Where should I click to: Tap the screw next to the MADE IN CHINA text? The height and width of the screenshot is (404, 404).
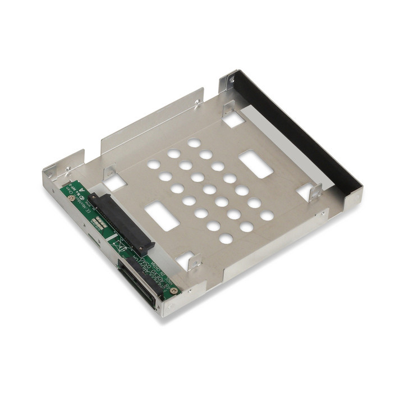(174, 291)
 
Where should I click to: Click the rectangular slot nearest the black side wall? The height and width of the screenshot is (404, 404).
(256, 164)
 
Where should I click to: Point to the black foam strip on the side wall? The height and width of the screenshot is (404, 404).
(297, 135)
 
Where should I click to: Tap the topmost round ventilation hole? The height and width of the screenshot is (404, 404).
(194, 143)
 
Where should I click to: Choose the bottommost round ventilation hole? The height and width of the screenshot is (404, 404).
(226, 238)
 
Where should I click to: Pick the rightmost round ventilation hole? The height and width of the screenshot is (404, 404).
(267, 215)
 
